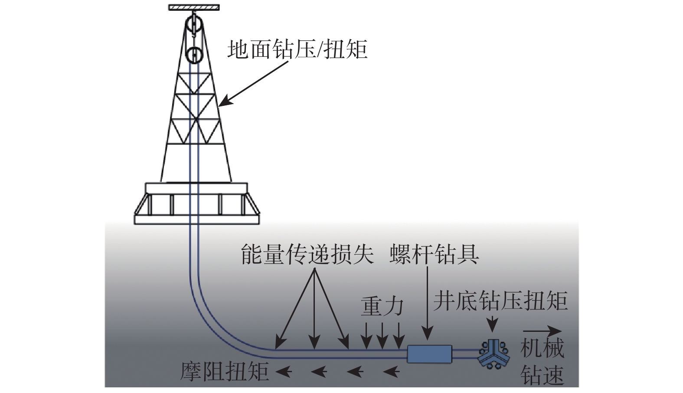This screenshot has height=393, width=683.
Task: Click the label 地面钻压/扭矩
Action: click(297, 49)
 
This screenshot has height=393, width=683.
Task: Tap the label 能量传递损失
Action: click(307, 255)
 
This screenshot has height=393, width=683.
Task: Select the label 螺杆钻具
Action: click(435, 255)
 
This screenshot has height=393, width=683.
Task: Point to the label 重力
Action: click(382, 307)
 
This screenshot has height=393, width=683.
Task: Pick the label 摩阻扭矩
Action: click(225, 371)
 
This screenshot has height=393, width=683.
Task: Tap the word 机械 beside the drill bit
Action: click(542, 348)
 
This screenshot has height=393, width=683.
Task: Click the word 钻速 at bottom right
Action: click(542, 376)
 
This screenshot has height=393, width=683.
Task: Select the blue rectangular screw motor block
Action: click(429, 353)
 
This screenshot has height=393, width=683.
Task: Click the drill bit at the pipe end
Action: click(493, 353)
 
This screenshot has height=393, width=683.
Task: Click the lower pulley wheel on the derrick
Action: click(195, 55)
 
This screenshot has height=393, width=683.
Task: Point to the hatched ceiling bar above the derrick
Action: click(194, 7)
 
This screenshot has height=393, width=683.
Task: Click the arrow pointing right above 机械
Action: click(542, 331)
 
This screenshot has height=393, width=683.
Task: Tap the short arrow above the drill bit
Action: click(492, 325)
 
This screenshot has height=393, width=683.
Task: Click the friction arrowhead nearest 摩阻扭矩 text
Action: click(284, 371)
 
